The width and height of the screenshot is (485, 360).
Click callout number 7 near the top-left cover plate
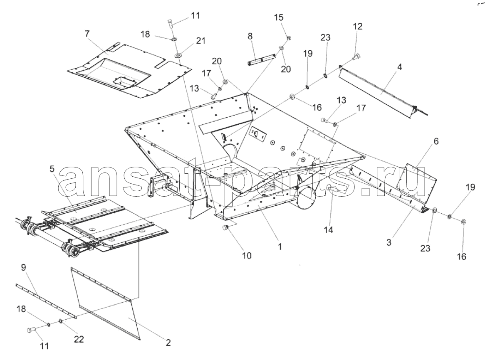(87, 33)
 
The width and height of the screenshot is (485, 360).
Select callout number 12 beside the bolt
(357, 26)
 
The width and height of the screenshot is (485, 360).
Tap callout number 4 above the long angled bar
(399, 67)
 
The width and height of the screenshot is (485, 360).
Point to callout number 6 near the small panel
(436, 141)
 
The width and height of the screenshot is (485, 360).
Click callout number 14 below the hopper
(329, 230)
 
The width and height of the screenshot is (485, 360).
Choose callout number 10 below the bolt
(247, 256)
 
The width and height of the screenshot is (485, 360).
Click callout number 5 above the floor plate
(52, 169)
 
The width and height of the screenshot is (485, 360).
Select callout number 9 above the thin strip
(24, 267)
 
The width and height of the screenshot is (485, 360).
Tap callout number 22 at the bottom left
(79, 339)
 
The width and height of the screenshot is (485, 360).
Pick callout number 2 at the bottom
(168, 343)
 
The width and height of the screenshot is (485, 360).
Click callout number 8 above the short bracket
(250, 36)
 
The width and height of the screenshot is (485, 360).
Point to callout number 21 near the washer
(201, 40)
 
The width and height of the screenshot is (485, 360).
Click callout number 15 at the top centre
(279, 17)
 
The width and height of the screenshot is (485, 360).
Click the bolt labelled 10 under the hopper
(225, 228)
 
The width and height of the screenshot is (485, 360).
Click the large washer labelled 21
(178, 55)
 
